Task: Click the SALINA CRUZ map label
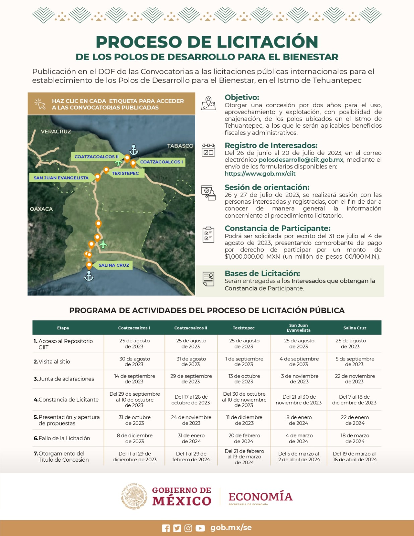114,265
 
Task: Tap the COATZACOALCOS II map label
96,156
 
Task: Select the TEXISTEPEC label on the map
125,173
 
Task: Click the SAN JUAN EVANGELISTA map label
61,178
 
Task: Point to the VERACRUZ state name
56,131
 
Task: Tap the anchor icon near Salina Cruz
89,276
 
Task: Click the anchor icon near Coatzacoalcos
134,150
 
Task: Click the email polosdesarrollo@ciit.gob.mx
301,160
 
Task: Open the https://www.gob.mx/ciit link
260,174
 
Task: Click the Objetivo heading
242,97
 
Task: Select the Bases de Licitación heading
262,273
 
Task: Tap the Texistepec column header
244,328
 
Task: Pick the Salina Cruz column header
355,328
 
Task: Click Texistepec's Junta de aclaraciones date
244,379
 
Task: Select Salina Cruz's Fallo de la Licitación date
355,438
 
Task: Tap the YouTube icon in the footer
200,528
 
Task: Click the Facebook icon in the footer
166,528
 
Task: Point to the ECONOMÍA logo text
261,496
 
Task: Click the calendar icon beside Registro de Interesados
208,150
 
